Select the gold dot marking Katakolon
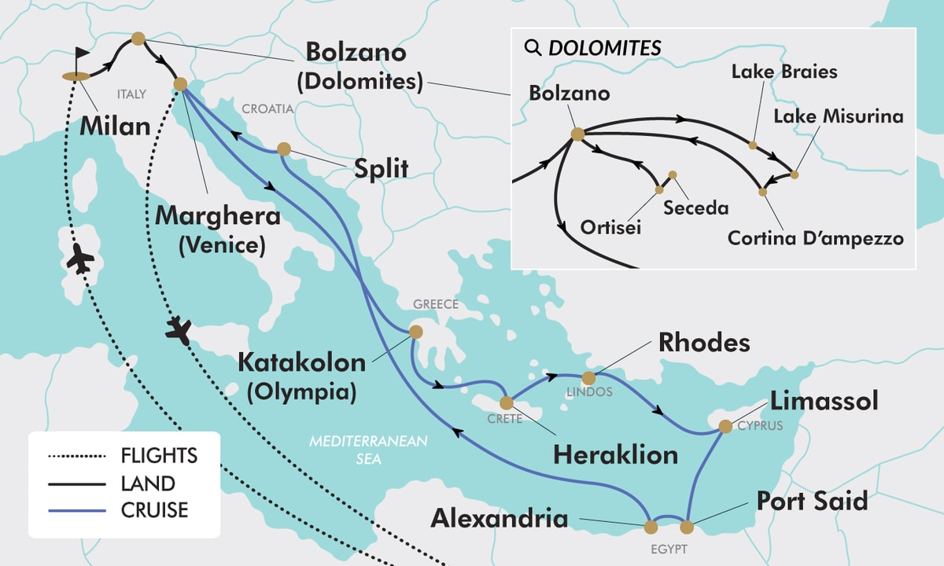click(415, 332)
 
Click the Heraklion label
click(615, 454)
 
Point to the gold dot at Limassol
click(725, 427)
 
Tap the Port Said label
click(812, 501)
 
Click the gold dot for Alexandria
click(651, 526)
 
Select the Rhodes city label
click(704, 343)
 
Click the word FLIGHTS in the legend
click(159, 456)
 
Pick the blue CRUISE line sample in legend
click(76, 511)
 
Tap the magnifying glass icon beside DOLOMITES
click(533, 48)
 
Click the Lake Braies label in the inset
click(784, 72)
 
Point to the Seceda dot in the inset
click(672, 175)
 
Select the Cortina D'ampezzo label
click(814, 237)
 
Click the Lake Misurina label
click(839, 117)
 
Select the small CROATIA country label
click(267, 110)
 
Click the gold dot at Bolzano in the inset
click(577, 134)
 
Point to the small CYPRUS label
click(761, 427)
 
